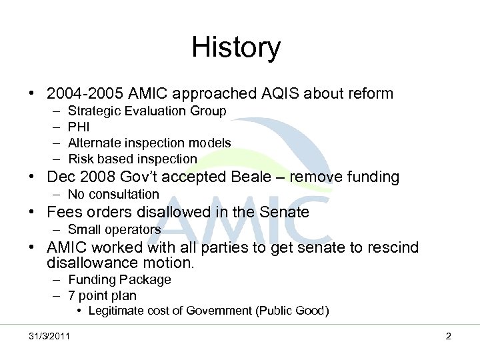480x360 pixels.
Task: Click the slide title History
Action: click(236, 48)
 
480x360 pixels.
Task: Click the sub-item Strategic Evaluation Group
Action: click(147, 111)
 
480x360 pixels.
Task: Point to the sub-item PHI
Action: click(79, 127)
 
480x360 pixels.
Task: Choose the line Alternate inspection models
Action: click(149, 143)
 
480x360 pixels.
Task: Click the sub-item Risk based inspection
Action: click(133, 159)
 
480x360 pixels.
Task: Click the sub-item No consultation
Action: click(113, 195)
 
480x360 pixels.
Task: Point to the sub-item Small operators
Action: click(114, 230)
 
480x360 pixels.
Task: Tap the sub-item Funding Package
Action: click(119, 280)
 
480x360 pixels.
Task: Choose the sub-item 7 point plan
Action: click(102, 295)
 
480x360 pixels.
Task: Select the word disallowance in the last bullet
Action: click(96, 263)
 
